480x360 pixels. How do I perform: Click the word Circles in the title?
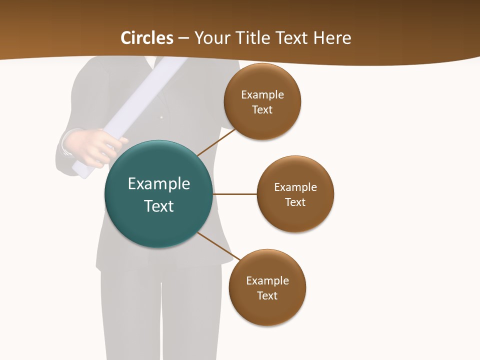click(147, 38)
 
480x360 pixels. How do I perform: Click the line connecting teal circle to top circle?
click(216, 142)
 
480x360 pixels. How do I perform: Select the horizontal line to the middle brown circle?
click(234, 194)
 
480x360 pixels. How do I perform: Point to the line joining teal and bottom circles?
click(218, 246)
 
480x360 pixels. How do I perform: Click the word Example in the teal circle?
click(159, 184)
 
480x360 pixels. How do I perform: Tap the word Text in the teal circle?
click(159, 206)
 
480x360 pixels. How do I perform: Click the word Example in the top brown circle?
click(262, 95)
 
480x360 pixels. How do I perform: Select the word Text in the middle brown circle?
click(295, 202)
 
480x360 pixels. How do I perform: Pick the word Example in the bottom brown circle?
click(267, 281)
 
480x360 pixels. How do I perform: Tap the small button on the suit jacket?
click(161, 117)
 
